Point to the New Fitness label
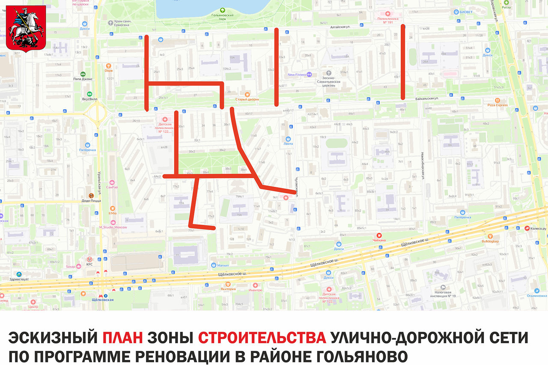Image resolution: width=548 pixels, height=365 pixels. point(297,75)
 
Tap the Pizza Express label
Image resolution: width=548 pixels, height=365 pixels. point(497,105)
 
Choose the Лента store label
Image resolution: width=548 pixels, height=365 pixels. point(289,144)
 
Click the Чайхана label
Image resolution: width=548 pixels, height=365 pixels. point(378,240)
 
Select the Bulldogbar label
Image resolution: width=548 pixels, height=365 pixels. point(490,241)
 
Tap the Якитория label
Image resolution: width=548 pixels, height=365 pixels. point(228,289)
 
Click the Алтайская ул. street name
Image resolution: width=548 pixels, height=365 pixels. point(338,26)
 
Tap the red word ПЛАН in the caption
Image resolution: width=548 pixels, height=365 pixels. point(123,338)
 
